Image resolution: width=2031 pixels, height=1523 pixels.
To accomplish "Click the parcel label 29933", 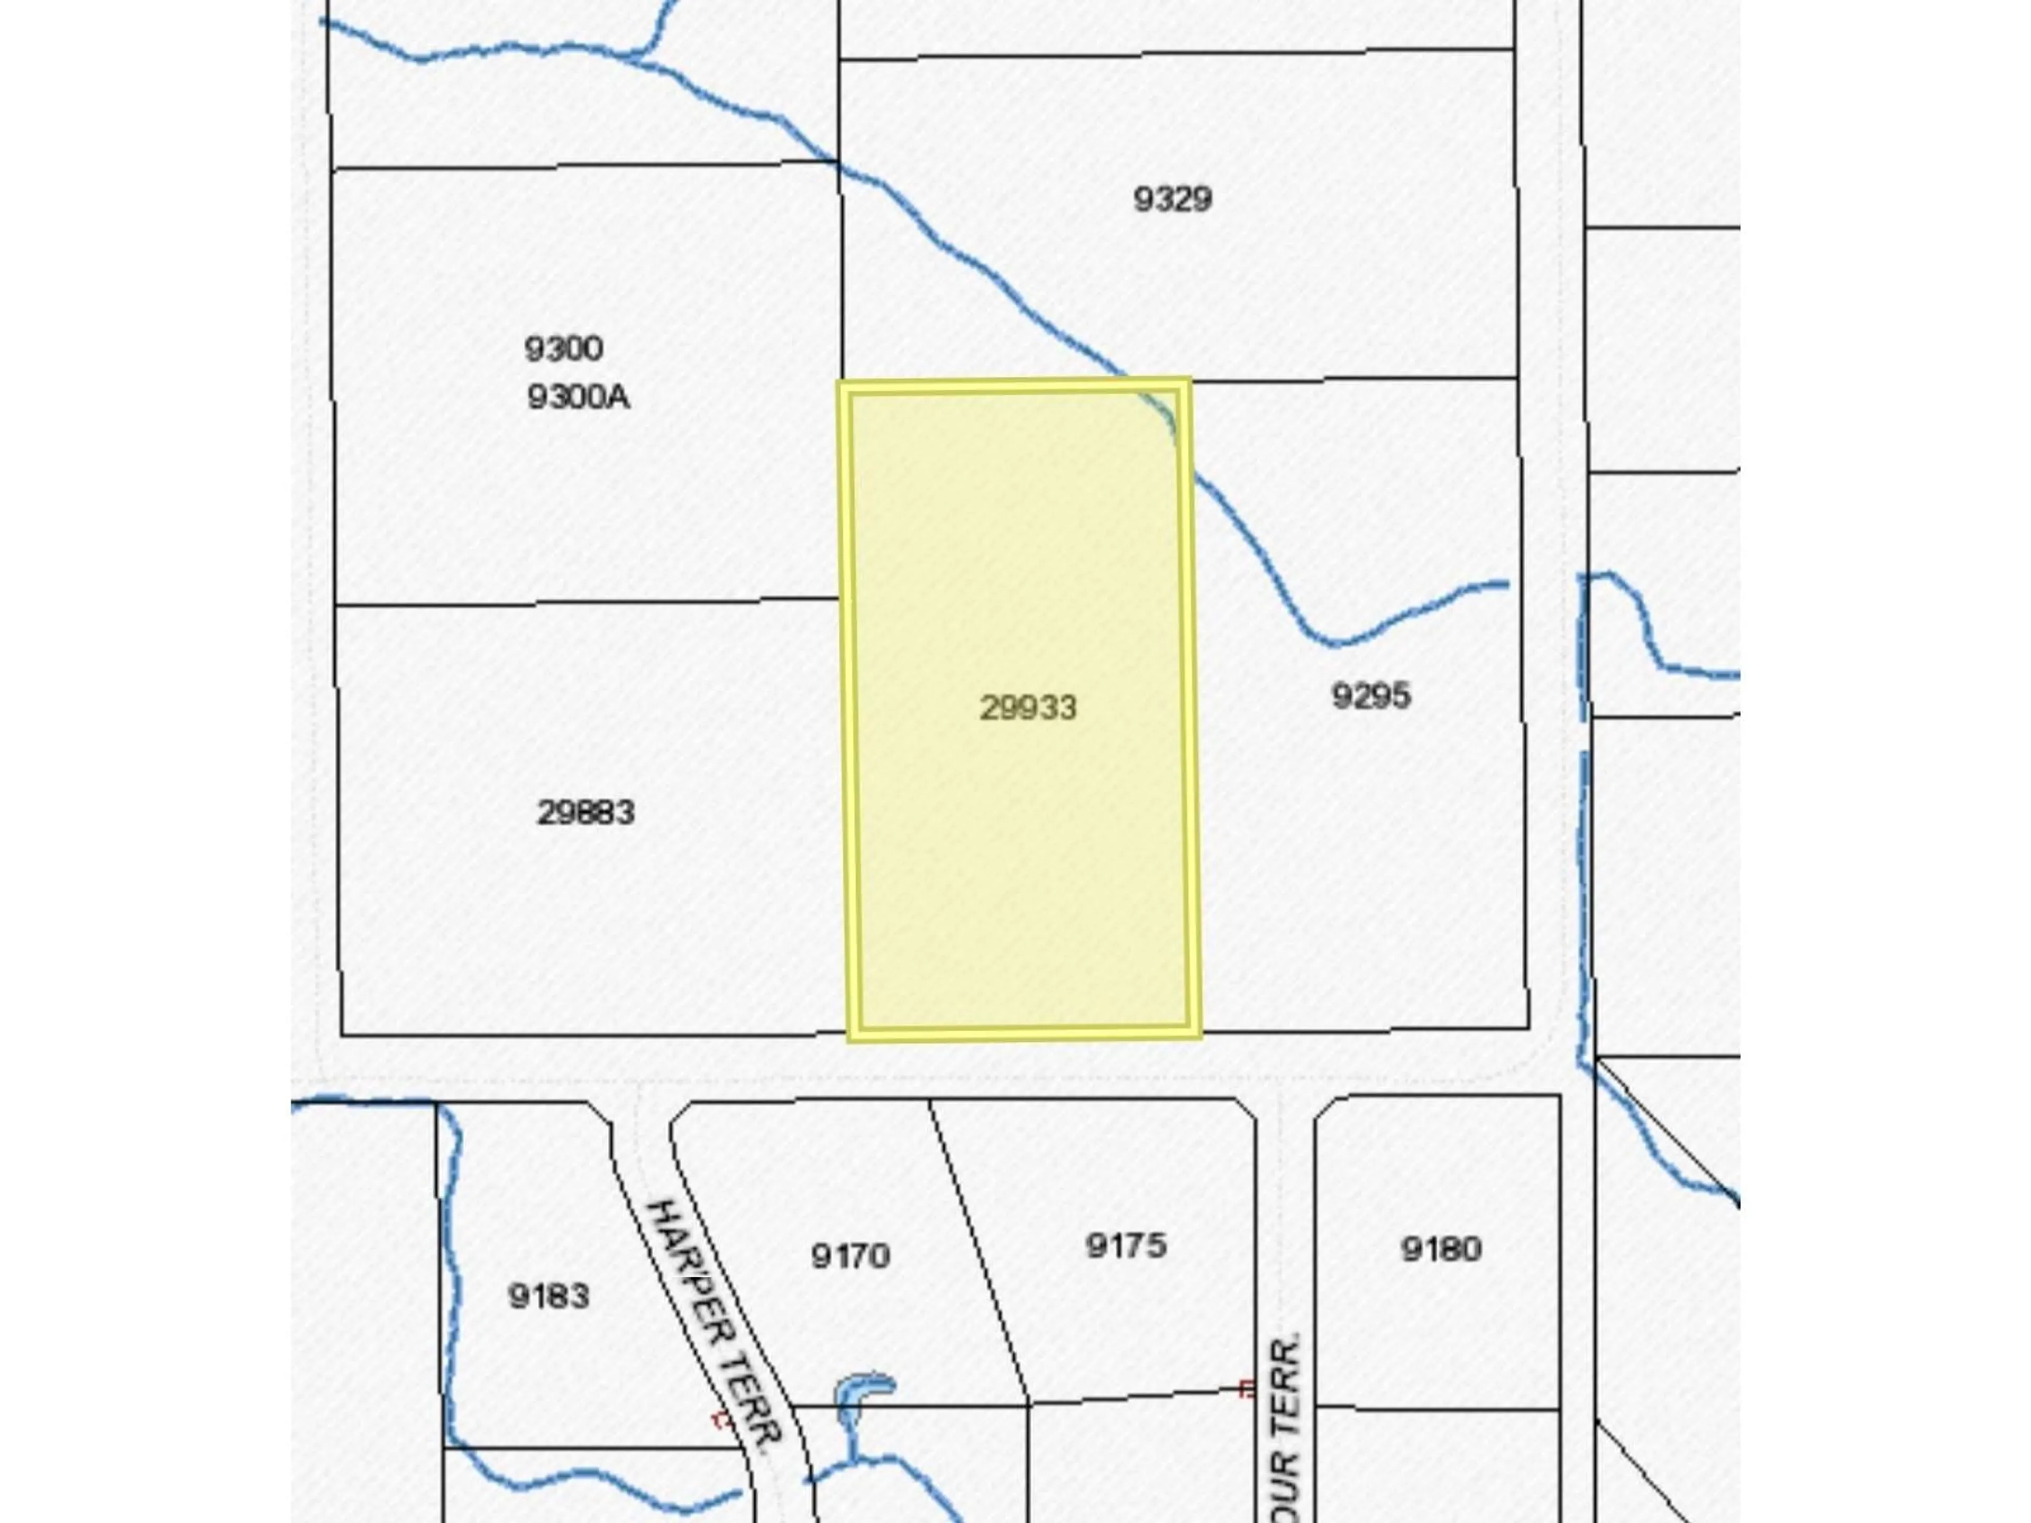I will pyautogui.click(x=1028, y=708).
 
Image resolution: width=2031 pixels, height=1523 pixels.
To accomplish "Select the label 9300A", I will pyautogui.click(x=579, y=398).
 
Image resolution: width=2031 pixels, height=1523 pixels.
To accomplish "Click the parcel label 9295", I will pyautogui.click(x=1371, y=696).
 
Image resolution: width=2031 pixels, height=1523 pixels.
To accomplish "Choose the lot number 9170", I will pyautogui.click(x=850, y=1255).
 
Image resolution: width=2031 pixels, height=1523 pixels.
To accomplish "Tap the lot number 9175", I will pyautogui.click(x=1126, y=1246).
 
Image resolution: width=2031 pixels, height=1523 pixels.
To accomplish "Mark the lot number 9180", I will pyautogui.click(x=1441, y=1249).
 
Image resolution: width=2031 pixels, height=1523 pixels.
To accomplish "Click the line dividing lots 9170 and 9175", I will pyautogui.click(x=978, y=1249).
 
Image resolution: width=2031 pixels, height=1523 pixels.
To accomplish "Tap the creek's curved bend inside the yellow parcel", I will pyautogui.click(x=1164, y=418).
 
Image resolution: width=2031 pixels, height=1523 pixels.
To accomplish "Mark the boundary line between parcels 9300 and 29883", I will pyautogui.click(x=588, y=602).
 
